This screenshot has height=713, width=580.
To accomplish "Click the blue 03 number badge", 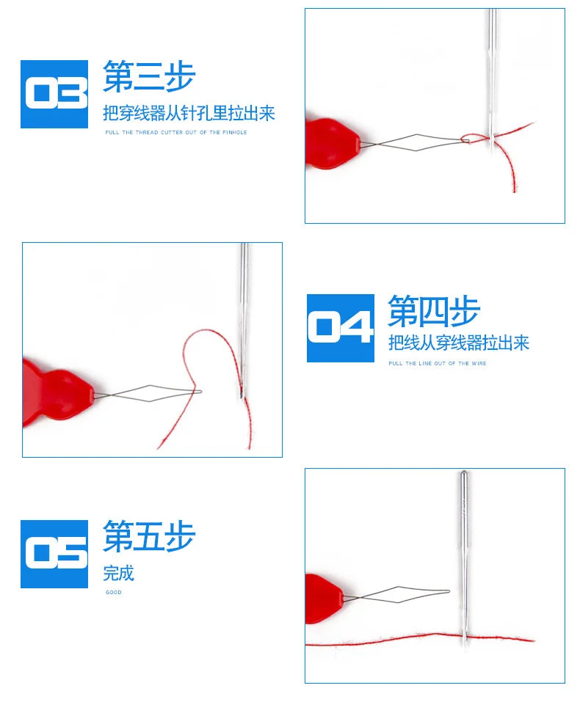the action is [54, 94].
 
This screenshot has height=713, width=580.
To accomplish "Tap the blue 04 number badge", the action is [341, 328].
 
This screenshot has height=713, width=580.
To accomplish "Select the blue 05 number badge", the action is [54, 554].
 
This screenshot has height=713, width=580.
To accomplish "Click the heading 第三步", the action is [149, 76].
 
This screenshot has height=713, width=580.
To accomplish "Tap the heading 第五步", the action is [149, 536].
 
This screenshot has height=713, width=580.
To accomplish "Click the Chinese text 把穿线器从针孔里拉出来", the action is [189, 113].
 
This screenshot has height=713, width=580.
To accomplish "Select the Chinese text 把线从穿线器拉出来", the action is [458, 343].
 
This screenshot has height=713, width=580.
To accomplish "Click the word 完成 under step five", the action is [118, 573].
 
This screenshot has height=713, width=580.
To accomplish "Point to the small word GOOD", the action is [113, 592].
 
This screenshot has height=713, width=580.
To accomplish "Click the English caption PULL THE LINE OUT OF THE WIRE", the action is [437, 363].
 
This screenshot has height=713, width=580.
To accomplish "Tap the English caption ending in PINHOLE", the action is [175, 132].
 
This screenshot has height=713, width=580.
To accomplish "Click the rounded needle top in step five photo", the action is [463, 475].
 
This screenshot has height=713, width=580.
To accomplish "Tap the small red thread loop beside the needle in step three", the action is [468, 138].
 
